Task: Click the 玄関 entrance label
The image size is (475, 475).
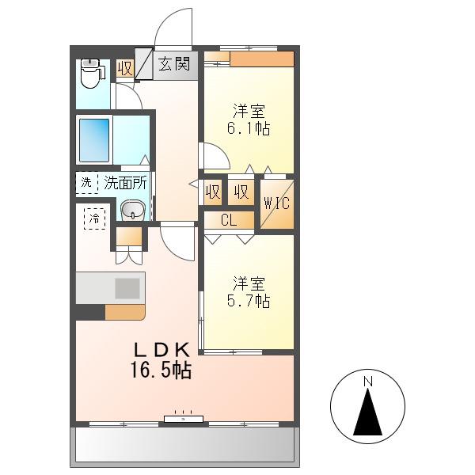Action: pos(174,64)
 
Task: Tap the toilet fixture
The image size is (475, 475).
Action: pos(92,73)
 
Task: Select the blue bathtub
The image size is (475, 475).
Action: pos(94,140)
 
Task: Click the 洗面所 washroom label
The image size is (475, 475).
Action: pos(125,183)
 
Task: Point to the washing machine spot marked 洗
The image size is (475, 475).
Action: pos(86,183)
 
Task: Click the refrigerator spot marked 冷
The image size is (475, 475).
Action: pos(94,218)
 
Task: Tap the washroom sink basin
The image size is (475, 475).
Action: pos(133,210)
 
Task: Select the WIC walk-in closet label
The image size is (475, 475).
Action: pos(276,203)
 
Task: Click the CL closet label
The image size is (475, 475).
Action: pos(229,220)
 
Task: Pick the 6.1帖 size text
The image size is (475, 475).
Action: pos(249,128)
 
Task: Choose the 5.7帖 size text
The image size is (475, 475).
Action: pos(249,301)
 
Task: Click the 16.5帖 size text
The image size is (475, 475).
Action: pos(161,370)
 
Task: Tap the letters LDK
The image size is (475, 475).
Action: pos(162,350)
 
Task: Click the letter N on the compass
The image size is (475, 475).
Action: pos(368,382)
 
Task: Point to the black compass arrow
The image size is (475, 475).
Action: pos(368,412)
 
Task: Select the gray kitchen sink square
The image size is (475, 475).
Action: pos(127,288)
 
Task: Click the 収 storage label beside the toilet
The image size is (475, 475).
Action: pos(125,68)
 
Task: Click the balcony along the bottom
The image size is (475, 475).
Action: pos(184,445)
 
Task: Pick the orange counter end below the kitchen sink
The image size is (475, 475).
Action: pos(125,312)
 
